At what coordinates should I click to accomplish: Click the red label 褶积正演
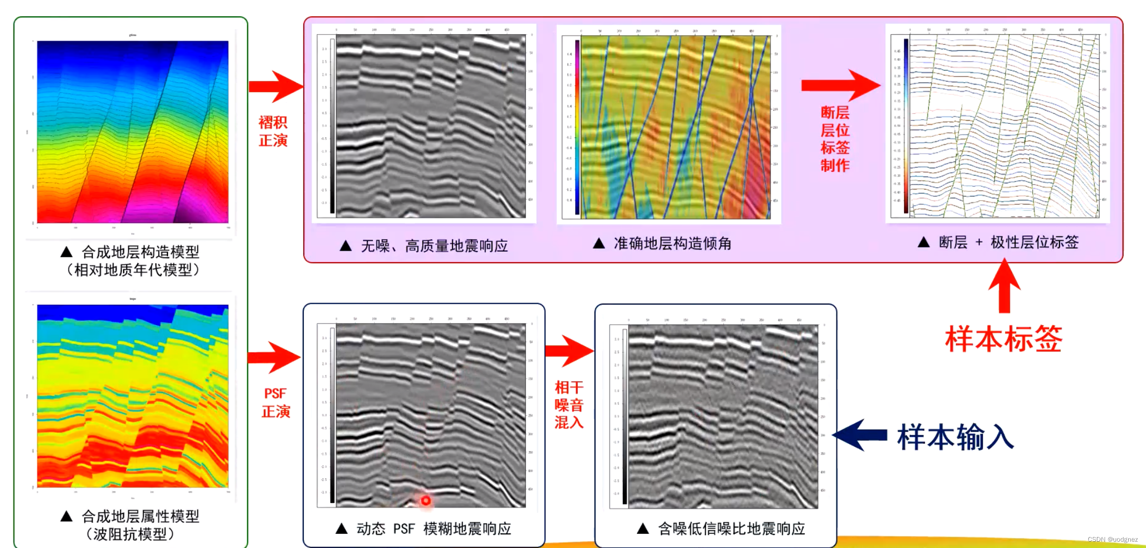point(273,131)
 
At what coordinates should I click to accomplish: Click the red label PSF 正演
point(276,402)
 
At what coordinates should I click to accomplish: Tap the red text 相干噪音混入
point(569,404)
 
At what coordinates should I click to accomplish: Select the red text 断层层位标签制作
point(835,139)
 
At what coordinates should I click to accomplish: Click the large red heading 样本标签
point(1004,338)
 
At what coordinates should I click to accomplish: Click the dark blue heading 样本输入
point(955,437)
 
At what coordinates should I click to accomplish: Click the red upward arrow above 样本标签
point(1004,286)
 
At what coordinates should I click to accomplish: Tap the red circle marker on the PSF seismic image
point(426,501)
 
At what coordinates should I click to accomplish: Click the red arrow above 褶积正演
point(276,87)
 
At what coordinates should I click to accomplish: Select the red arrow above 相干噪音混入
point(569,351)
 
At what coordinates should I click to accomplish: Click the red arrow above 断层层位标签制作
point(840,85)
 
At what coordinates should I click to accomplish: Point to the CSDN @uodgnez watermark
point(1112,539)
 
